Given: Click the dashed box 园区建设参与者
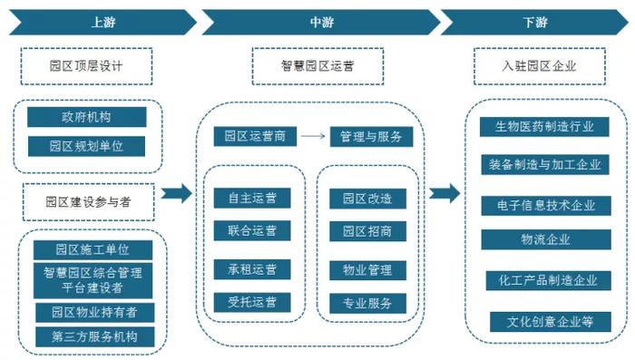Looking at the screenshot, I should click(x=88, y=202).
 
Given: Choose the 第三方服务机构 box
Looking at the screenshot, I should click(x=93, y=337).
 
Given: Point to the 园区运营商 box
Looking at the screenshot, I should click(x=255, y=137).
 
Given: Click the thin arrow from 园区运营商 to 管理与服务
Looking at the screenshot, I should click(x=312, y=137).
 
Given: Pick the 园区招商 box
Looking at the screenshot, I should click(x=366, y=231).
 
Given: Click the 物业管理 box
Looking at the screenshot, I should click(x=366, y=269).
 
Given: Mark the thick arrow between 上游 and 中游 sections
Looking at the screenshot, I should click(x=180, y=192).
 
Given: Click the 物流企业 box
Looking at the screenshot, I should click(x=545, y=239).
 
